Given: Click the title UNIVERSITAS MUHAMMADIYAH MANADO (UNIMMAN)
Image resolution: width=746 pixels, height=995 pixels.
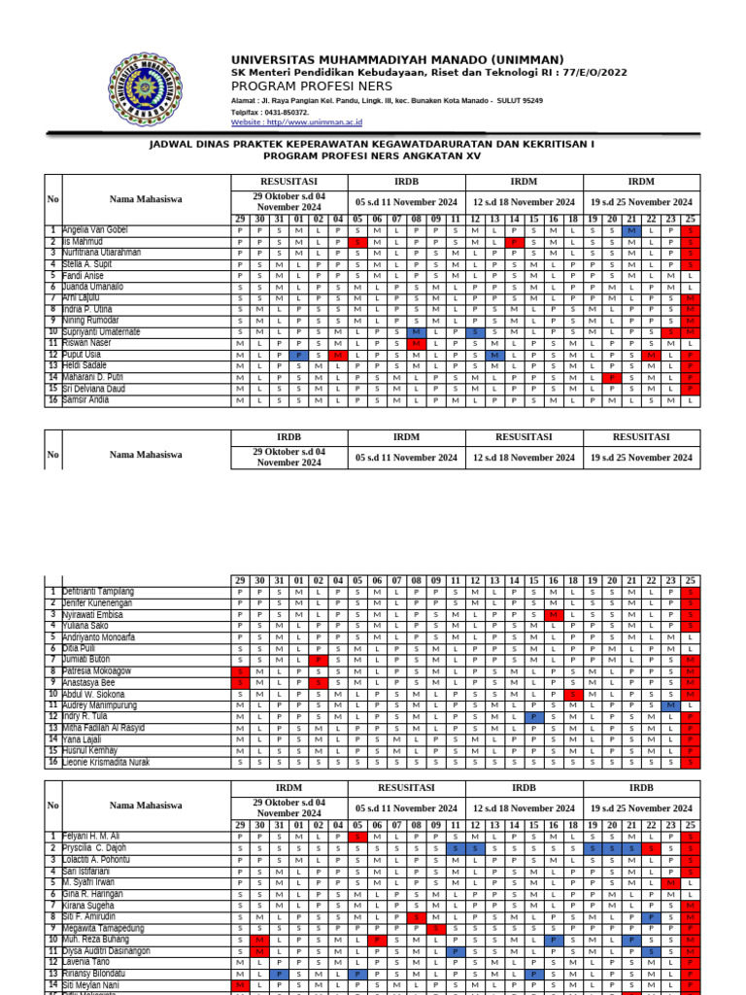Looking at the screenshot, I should [396, 59].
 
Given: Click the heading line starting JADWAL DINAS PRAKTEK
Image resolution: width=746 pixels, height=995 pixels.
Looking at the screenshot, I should [371, 143].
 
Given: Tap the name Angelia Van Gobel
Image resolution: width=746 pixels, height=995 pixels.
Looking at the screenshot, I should [94, 230].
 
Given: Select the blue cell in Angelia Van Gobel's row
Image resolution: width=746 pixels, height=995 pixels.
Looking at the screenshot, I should [631, 230].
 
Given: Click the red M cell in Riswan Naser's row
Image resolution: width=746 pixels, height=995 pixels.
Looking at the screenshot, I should [416, 343].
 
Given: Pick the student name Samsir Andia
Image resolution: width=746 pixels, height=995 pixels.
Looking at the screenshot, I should [85, 399].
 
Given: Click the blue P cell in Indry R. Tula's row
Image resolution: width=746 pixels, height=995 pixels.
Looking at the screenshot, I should [533, 716].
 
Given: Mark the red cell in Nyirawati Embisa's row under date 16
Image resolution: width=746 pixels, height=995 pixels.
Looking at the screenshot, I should [553, 615].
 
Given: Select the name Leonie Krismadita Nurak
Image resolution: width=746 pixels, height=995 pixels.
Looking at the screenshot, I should [106, 762].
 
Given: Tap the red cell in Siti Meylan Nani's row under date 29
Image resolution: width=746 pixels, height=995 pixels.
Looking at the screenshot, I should [239, 984].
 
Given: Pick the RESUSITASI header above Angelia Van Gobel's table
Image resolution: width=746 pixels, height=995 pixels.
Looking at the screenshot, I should [288, 182].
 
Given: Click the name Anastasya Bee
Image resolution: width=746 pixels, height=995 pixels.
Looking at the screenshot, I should [88, 682].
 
